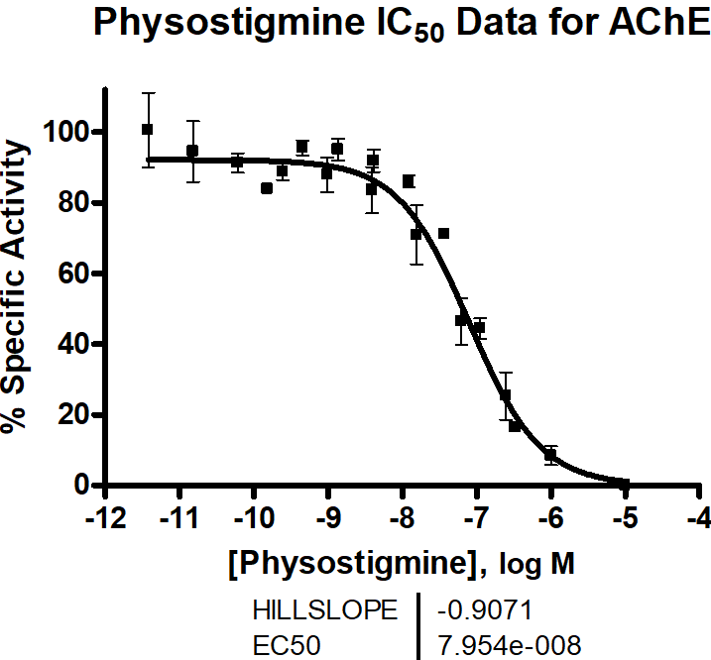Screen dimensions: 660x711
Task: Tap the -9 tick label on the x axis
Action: pyautogui.click(x=329, y=520)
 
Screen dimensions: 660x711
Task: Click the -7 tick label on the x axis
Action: pyautogui.click(x=478, y=520)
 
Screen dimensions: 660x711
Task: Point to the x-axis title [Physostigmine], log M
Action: pyautogui.click(x=402, y=565)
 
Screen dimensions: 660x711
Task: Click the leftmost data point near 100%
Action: pyautogui.click(x=148, y=129)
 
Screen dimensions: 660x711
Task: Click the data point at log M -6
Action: pyautogui.click(x=550, y=455)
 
